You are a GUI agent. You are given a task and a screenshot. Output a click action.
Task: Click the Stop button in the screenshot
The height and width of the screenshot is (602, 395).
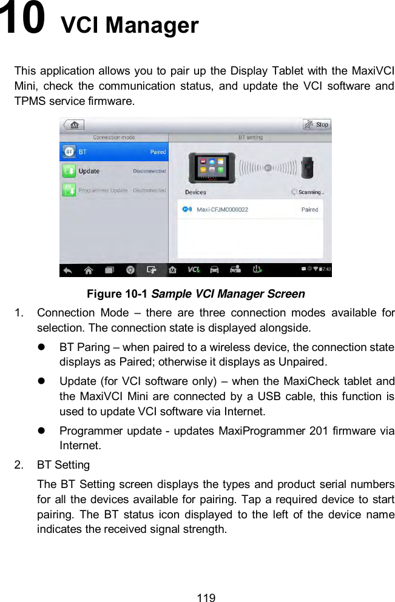point(317,125)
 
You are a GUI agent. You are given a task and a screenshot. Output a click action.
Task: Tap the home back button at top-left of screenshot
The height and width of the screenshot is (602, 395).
point(74,125)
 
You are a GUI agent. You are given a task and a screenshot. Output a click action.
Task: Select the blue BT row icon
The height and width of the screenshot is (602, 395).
point(69,152)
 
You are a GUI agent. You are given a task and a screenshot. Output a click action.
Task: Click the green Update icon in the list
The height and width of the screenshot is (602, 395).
point(69,171)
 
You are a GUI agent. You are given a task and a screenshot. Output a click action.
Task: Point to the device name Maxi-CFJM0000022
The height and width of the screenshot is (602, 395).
point(222,210)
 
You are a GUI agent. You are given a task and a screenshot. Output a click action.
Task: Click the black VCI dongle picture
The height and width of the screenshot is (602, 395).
point(310,167)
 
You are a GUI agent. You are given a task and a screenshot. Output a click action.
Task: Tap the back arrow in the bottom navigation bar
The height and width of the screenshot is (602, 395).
point(68,270)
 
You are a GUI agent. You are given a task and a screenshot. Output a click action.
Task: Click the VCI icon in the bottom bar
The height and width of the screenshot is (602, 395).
point(194,270)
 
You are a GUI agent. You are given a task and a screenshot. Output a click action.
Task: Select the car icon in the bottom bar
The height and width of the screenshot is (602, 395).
point(214,270)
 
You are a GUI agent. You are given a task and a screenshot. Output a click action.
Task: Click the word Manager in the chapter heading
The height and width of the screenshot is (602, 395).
point(153,25)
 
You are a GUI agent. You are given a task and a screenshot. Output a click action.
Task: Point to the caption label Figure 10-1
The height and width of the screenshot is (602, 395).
point(117,294)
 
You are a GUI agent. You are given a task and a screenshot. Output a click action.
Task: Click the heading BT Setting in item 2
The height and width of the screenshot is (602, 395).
point(63,465)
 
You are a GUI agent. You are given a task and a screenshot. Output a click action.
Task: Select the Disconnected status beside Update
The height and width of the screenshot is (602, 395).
point(149,171)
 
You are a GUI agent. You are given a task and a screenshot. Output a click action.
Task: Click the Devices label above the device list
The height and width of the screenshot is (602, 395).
point(195,192)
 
